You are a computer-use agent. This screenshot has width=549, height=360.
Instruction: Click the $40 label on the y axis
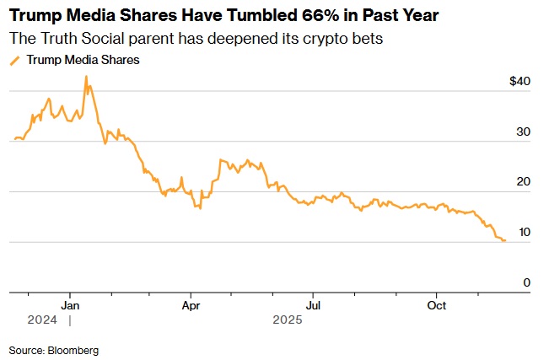pyautogui.click(x=520, y=82)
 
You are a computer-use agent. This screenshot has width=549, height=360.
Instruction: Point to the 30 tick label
pyautogui.click(x=524, y=132)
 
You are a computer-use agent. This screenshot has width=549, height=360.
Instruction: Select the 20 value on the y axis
pyautogui.click(x=524, y=182)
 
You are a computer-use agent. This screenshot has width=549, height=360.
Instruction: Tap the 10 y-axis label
pyautogui.click(x=524, y=233)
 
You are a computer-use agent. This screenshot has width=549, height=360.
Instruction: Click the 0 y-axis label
pyautogui.click(x=526, y=282)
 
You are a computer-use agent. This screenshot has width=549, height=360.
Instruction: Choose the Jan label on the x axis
pyautogui.click(x=71, y=304)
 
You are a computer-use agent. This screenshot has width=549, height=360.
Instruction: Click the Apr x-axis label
pyautogui.click(x=191, y=304)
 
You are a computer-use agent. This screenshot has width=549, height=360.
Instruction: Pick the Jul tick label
pyautogui.click(x=313, y=304)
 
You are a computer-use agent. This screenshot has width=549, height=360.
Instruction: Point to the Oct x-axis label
pyautogui.click(x=437, y=304)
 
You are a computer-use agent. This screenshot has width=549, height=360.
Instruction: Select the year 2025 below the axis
pyautogui.click(x=287, y=320)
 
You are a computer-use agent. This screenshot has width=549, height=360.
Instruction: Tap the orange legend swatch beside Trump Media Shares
pyautogui.click(x=14, y=60)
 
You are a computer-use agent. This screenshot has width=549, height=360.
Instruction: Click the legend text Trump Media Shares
pyautogui.click(x=83, y=60)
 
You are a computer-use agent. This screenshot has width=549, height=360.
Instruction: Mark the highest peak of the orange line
pyautogui.click(x=86, y=77)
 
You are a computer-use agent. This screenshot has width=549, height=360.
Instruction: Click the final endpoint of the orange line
pyautogui.click(x=504, y=241)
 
